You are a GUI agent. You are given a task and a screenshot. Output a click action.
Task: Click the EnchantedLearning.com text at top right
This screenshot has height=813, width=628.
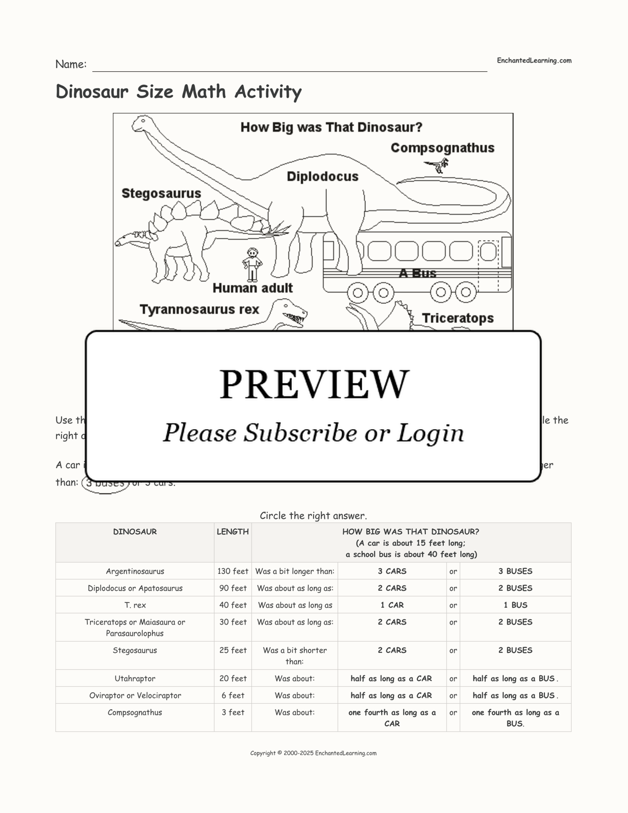point(534,61)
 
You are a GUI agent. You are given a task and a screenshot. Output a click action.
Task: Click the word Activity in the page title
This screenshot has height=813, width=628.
point(268,92)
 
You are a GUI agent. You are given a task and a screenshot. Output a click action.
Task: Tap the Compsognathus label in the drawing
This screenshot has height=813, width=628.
point(442,148)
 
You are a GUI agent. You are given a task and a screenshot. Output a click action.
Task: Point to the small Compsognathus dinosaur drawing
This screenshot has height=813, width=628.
point(438,165)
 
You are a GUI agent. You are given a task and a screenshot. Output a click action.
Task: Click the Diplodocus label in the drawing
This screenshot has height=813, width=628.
point(322,177)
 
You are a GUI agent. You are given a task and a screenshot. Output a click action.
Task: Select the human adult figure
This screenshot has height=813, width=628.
point(252,264)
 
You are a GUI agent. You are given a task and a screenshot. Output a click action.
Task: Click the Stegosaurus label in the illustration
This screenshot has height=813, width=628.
point(161,193)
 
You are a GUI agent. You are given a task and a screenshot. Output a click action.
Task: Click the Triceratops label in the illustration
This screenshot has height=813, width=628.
point(458,318)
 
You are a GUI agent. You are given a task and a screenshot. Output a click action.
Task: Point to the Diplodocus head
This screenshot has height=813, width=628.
point(141,123)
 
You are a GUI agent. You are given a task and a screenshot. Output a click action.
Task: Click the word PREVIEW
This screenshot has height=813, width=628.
point(314,384)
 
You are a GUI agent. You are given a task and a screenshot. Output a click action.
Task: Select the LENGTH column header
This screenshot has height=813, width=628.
point(232,532)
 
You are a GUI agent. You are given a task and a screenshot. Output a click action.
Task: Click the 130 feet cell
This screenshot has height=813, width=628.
point(232,571)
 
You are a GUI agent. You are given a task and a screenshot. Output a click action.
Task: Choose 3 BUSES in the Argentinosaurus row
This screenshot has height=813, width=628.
point(515,571)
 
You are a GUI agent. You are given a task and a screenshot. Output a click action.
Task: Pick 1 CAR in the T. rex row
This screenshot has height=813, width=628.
point(392,605)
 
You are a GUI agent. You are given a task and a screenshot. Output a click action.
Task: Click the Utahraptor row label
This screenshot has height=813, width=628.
point(135,679)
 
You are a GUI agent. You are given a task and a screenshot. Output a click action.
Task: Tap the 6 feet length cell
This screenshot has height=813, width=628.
point(232,695)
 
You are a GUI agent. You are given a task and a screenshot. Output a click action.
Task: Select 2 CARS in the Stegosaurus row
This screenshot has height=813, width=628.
point(392,650)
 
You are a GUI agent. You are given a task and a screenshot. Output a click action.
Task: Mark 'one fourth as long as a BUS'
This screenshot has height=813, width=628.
point(515,718)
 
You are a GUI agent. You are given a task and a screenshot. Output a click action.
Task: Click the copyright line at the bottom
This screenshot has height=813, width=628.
point(313,753)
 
